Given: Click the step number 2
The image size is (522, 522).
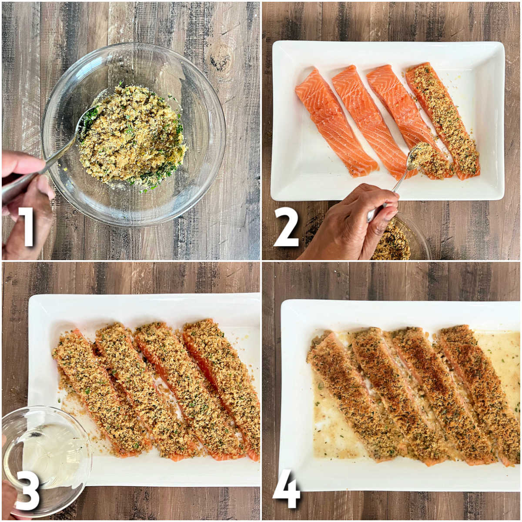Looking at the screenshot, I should pos(286,227).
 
